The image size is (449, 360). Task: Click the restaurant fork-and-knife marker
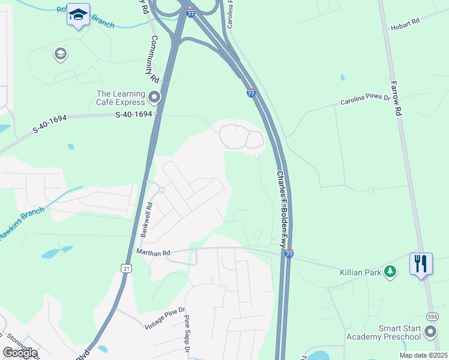(x=421, y=263)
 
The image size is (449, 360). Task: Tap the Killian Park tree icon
(x=391, y=272)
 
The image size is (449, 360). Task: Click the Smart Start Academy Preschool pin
(x=430, y=332)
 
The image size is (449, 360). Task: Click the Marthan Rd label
(x=154, y=253)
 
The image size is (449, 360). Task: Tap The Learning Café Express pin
(x=155, y=97)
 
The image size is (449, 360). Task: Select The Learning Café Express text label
(x=121, y=98)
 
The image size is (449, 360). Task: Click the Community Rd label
(x=154, y=59)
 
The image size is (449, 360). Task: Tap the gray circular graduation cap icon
(x=60, y=55)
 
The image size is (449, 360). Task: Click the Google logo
(x=20, y=353)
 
